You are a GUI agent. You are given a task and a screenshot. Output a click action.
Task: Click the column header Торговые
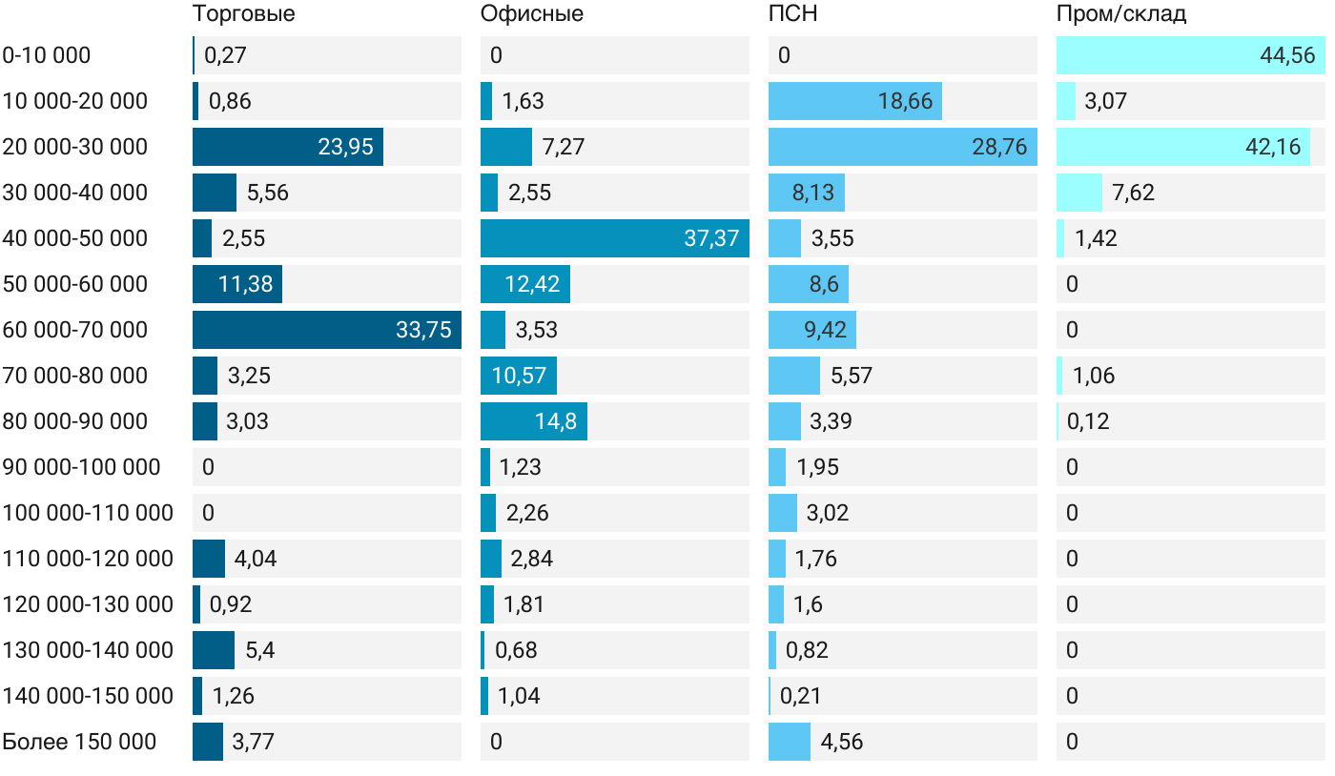pos(243,14)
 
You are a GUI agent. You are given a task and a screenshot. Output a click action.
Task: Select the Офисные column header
pos(531,14)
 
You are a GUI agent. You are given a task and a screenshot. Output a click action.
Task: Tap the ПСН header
pos(793,14)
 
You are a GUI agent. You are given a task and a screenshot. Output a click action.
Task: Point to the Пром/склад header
pos(1120,14)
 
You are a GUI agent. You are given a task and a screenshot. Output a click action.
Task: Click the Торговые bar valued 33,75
pos(326,330)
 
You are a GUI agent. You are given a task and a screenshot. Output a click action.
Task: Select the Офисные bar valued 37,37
pos(614,238)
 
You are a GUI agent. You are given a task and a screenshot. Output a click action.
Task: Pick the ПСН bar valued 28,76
pos(902,147)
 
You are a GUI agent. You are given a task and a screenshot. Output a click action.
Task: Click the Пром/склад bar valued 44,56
pos(1190,55)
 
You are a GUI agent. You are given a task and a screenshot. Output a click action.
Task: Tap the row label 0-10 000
pos(47,55)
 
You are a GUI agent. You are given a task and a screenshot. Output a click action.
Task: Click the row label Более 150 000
pos(79,742)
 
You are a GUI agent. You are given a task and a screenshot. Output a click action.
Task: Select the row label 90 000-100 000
pos(81,467)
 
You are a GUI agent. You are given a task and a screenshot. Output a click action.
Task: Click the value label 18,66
pos(905,101)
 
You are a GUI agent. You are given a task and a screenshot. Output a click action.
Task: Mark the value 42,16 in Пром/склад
pos(1273,147)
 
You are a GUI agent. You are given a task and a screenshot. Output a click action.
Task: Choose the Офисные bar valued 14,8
pos(533,421)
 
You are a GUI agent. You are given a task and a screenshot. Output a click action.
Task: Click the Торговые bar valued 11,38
pos(236,284)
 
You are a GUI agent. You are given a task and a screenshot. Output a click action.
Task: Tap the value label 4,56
pos(842,742)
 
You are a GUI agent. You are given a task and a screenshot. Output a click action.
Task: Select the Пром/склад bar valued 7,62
pos(1078,193)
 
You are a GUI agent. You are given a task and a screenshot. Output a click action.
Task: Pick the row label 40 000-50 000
pos(75,238)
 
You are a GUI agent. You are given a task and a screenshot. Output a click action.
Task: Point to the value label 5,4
pos(260,650)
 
